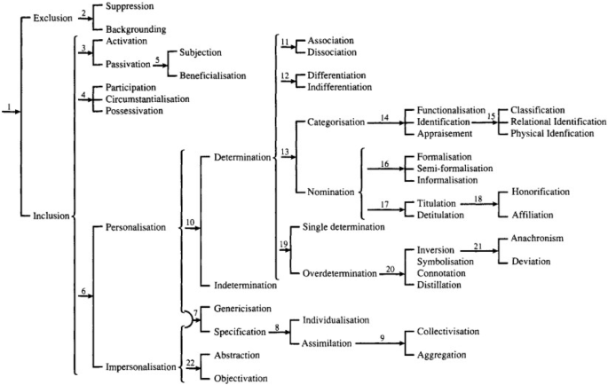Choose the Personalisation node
135,227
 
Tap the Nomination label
330,192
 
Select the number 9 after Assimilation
383,337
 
